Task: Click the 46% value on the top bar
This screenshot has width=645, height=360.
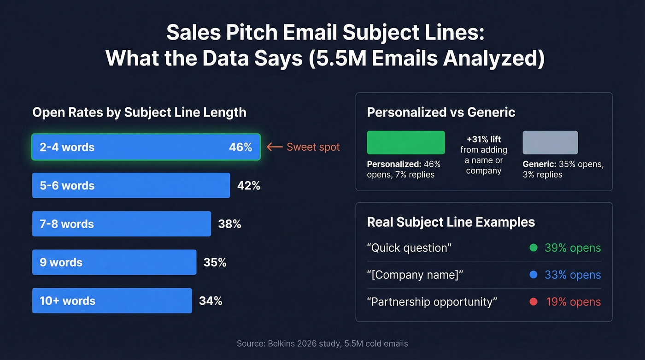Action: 240,148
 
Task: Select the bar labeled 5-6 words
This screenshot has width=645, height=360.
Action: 131,185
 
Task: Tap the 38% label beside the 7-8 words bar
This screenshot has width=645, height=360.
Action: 229,224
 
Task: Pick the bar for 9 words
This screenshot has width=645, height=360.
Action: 114,262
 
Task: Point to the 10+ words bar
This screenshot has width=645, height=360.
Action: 112,301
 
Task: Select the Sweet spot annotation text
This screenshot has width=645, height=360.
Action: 313,147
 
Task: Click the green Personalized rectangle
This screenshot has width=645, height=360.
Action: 405,142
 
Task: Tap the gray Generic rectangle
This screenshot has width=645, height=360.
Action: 550,142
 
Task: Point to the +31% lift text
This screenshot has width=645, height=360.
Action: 483,139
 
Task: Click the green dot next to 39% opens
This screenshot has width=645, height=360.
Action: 534,248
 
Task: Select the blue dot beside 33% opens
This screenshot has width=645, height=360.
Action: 534,275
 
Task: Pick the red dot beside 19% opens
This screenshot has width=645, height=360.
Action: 534,302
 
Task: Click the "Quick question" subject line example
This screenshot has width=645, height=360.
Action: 409,248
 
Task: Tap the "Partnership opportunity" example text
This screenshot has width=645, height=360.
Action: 432,302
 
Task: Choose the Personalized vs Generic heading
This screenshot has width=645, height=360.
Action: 441,112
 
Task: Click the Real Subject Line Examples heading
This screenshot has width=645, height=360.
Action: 451,222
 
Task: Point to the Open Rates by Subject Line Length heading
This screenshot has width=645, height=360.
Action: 139,112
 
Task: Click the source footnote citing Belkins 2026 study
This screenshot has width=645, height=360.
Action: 322,343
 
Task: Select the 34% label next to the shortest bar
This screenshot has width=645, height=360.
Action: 211,301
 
